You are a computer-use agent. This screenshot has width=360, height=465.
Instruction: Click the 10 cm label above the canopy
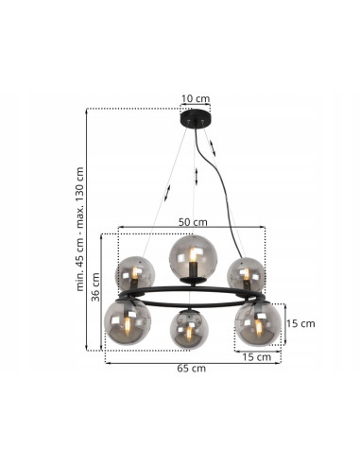[196, 98]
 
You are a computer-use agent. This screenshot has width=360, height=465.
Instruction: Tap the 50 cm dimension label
[193, 222]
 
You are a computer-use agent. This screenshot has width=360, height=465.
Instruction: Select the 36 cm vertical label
[95, 286]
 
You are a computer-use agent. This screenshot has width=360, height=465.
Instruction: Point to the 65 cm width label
[192, 368]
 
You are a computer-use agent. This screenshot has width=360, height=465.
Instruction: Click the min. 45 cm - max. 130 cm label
[80, 229]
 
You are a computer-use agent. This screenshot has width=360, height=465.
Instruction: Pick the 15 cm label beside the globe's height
[300, 323]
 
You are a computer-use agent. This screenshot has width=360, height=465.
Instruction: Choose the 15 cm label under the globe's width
[257, 357]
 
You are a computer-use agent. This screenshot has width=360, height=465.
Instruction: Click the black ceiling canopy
[196, 118]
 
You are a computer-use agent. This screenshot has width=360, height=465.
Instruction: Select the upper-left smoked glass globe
[135, 273]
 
